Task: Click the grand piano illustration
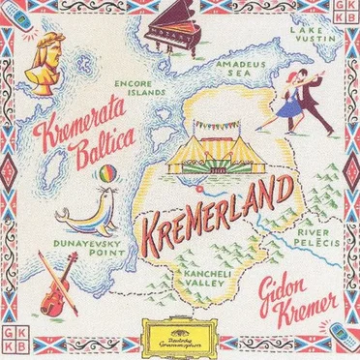click(x=184, y=33)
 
